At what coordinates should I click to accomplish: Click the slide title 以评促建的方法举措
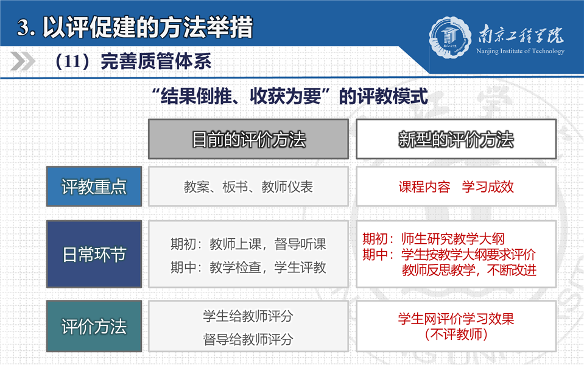(147, 27)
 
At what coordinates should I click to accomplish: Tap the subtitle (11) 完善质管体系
(133, 61)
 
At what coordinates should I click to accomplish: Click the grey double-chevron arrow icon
(23, 61)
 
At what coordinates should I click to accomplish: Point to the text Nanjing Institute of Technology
(520, 51)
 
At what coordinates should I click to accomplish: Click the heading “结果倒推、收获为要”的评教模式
(289, 96)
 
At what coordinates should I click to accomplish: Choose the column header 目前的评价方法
(248, 140)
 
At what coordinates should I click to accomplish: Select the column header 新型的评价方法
(456, 140)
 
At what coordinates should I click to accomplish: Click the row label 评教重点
(94, 186)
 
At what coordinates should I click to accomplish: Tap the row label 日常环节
(94, 254)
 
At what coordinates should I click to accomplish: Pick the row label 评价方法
(94, 326)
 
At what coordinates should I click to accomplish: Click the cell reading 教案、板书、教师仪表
(248, 187)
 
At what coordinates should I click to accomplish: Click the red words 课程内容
(424, 187)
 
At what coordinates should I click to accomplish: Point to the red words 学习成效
(488, 187)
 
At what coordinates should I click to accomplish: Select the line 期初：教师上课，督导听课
(248, 244)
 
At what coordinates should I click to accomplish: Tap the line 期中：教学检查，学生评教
(248, 268)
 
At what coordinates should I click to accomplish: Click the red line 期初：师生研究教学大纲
(434, 239)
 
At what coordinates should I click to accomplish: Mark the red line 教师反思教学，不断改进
(469, 270)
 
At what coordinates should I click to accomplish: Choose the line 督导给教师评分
(248, 339)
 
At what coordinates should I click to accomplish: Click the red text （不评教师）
(456, 335)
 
